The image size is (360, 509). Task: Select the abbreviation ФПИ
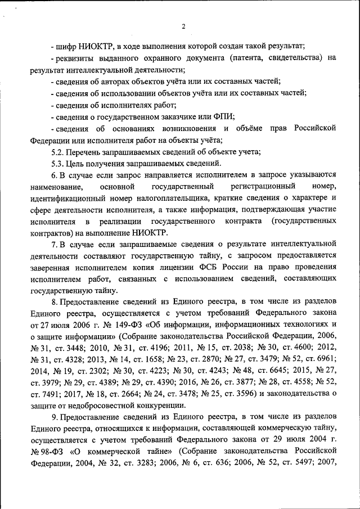point(223,116)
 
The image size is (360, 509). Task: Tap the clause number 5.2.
point(58,152)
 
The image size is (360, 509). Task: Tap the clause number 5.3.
point(58,164)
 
